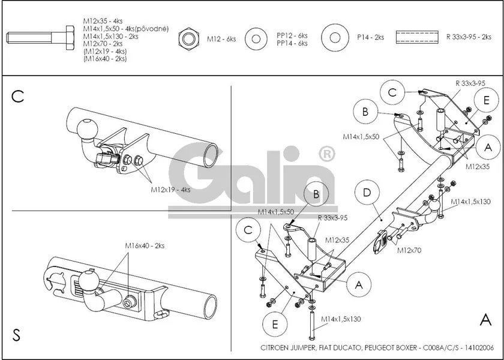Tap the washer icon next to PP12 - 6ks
[257, 39]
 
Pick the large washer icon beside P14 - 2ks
[335, 38]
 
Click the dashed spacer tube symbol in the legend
[418, 37]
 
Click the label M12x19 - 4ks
[170, 189]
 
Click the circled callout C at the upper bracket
[392, 92]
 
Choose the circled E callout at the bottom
[275, 325]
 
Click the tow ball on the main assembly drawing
[433, 208]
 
